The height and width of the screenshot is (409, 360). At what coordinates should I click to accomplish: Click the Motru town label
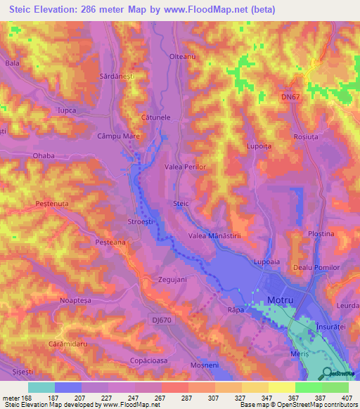[x=281, y=300]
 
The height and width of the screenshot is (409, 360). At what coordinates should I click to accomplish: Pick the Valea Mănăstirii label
[x=215, y=237]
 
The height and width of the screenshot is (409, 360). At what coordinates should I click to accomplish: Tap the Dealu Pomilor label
[x=316, y=268]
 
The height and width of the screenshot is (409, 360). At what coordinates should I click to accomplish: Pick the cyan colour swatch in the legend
[x=41, y=387]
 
